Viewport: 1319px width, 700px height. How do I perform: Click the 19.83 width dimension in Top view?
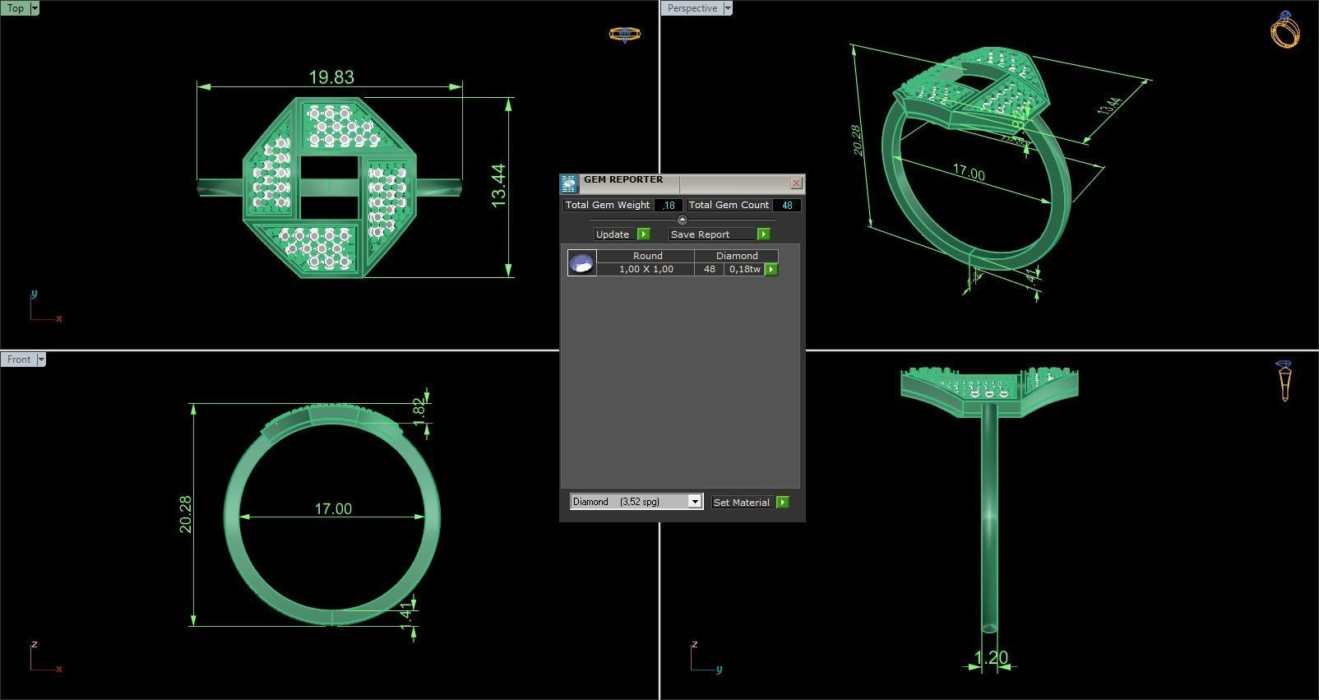pos(331,77)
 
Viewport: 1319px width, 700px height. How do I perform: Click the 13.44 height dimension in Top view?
pos(498,186)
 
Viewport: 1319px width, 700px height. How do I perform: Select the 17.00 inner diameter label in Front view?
pos(333,509)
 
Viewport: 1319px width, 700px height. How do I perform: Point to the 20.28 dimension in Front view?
pos(185,514)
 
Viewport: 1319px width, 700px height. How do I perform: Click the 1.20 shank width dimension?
pos(991,658)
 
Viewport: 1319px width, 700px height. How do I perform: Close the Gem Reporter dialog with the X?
pos(796,183)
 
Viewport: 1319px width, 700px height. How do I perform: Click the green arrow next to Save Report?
pos(763,234)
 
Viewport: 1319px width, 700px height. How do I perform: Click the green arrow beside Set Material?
pos(782,502)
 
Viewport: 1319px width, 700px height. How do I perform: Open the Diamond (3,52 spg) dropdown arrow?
pos(694,502)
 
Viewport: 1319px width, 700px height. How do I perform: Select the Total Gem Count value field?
pos(786,205)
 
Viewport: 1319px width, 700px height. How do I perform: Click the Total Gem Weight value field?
pos(669,205)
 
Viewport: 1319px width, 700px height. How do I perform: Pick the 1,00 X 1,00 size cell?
pos(646,269)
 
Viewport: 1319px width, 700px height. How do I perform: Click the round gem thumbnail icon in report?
pos(581,263)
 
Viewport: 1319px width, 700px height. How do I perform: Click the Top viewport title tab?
pos(16,8)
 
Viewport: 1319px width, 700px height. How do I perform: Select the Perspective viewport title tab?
pos(692,8)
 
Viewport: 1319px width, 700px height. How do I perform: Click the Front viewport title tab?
pos(19,359)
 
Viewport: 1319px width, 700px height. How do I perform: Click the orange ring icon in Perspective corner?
pos(1285,31)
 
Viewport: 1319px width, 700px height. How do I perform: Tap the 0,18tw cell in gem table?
pos(744,269)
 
